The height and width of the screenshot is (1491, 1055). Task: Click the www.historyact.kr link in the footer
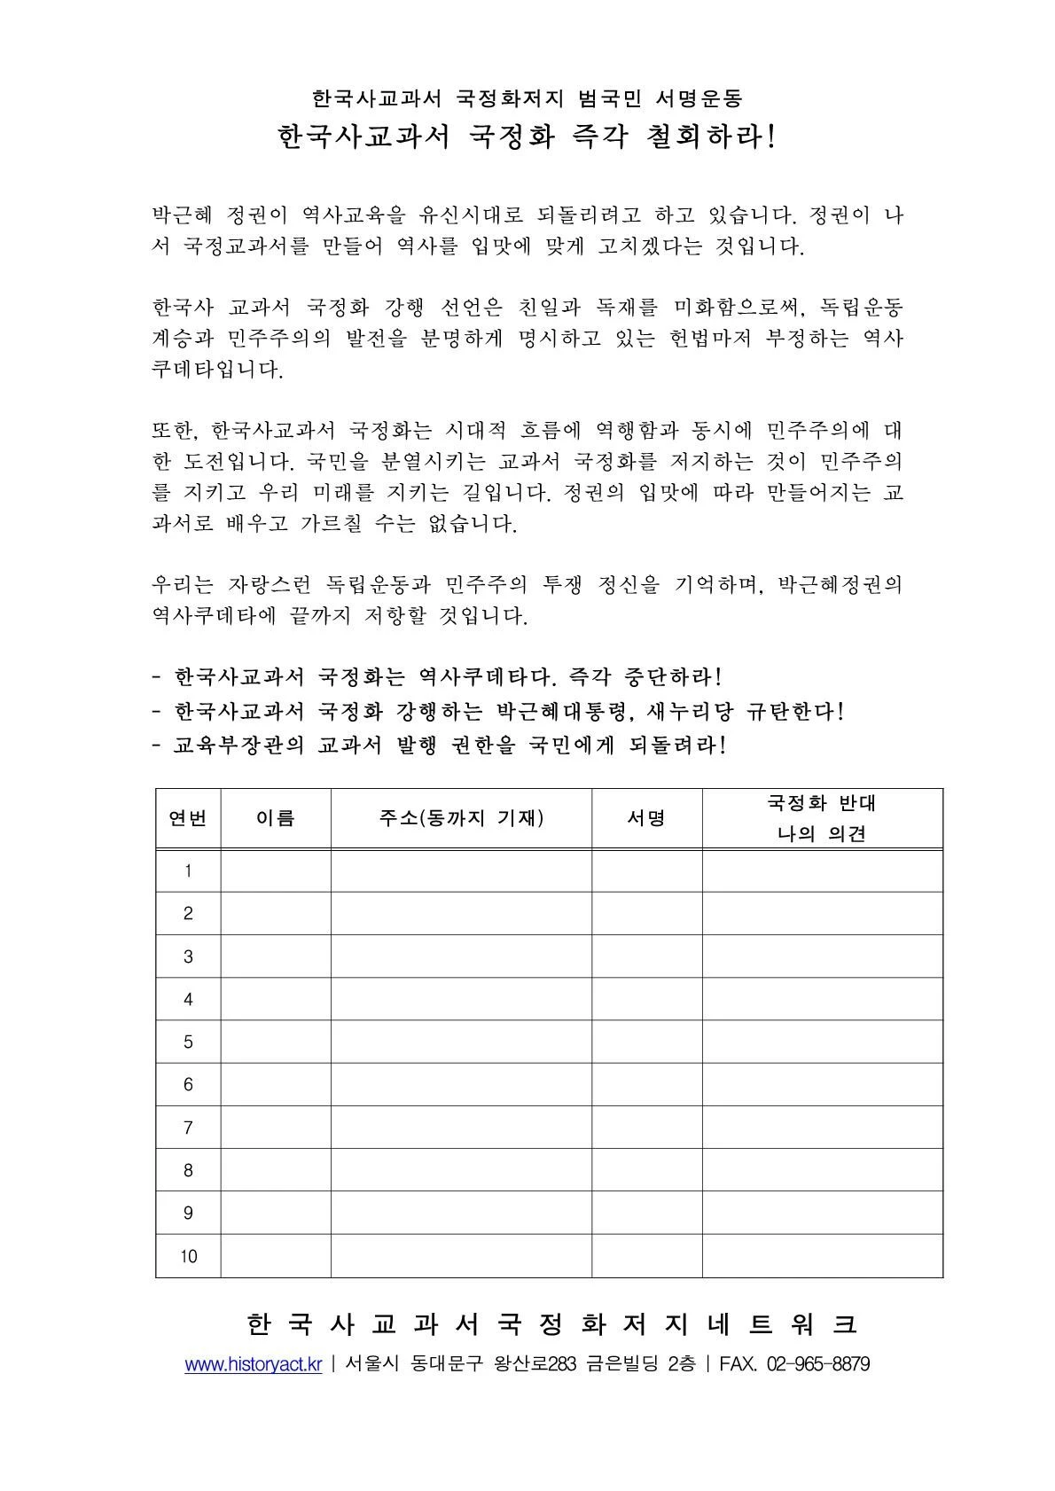tap(253, 1364)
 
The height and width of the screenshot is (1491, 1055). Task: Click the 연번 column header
tap(188, 818)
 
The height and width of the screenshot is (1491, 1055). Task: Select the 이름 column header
tap(275, 818)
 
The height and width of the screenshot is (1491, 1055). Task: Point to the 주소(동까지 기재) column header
tap(461, 818)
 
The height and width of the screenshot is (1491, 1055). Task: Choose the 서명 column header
tap(646, 818)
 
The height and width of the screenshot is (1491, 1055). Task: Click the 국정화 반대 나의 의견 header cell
tap(822, 818)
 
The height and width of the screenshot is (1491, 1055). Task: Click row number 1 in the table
tap(188, 870)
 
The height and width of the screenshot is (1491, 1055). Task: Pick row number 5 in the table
tap(188, 1042)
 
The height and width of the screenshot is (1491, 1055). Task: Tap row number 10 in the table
tap(188, 1256)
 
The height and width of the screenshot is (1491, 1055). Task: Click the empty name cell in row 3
tap(275, 956)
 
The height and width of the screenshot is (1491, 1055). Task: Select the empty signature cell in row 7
tap(646, 1128)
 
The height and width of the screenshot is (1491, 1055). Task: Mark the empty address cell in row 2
tap(461, 913)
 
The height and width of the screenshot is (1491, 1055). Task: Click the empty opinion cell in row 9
tap(822, 1213)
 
